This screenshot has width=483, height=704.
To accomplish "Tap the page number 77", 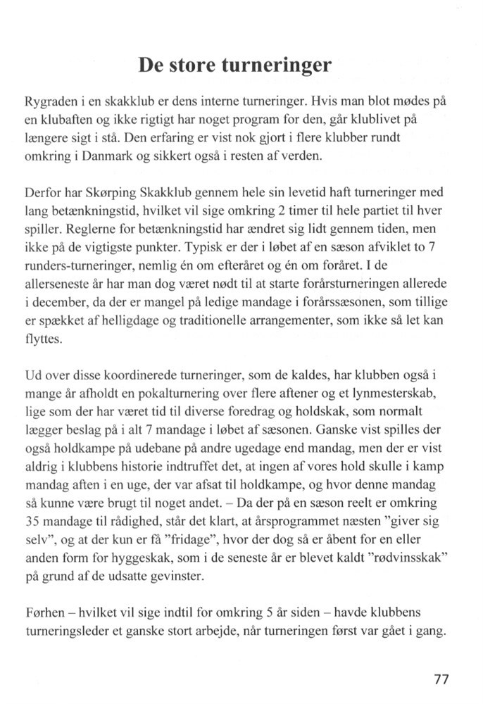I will point(441,679).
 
